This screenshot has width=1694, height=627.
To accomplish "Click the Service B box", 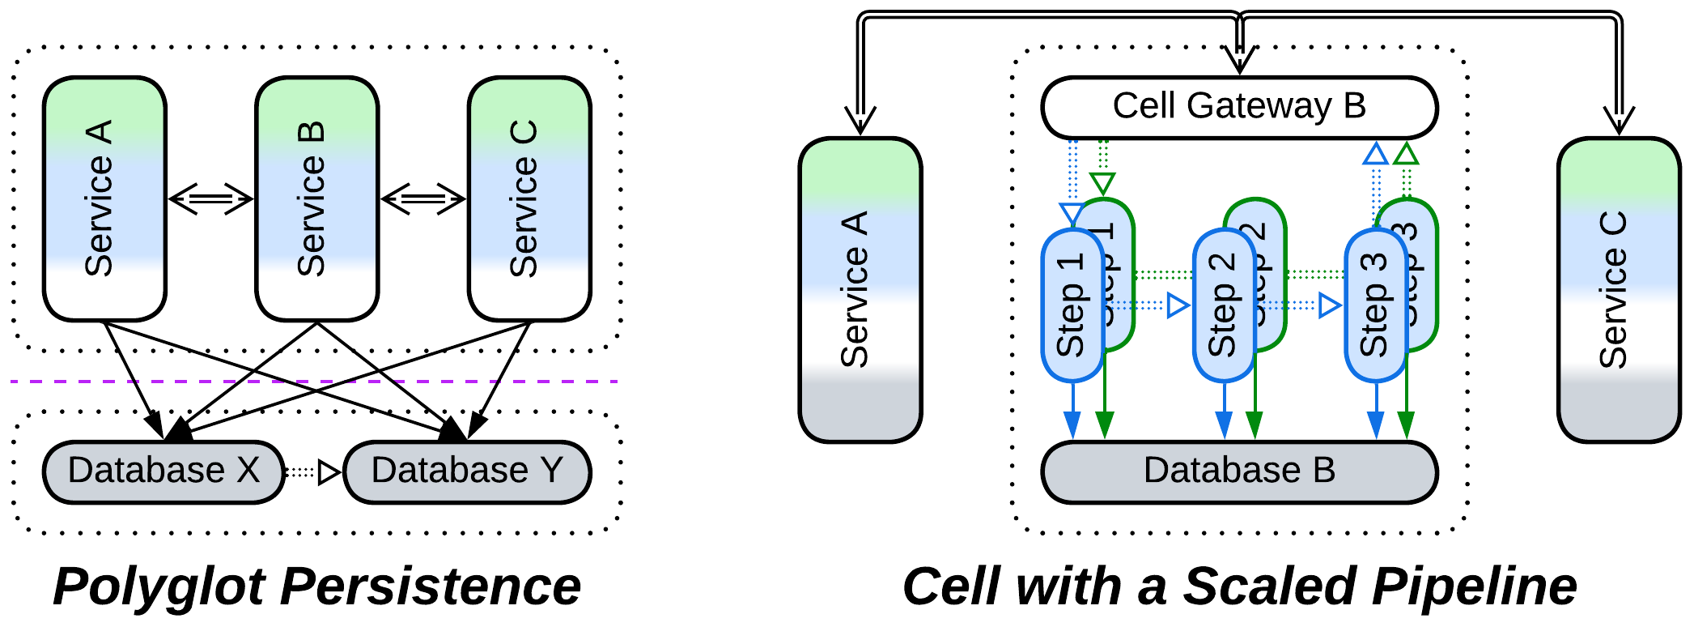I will click(316, 198).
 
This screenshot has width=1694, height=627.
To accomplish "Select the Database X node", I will click(163, 471).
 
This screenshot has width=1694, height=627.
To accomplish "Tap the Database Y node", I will click(467, 471).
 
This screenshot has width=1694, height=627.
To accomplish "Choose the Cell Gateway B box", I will click(1238, 107).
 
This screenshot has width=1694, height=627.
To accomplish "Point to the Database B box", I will click(1238, 471).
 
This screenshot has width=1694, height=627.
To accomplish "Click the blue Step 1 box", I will click(1071, 306).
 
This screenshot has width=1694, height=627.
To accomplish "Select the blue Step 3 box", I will click(1374, 306).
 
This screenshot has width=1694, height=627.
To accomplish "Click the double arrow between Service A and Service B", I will click(210, 198).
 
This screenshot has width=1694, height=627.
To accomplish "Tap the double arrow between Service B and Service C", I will click(423, 198).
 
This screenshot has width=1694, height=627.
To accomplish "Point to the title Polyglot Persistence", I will click(316, 586).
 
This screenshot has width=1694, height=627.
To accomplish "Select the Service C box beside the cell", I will click(1619, 290).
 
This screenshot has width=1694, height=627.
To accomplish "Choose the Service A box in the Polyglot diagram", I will click(104, 198).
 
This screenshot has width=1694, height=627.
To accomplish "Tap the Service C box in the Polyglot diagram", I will click(529, 198).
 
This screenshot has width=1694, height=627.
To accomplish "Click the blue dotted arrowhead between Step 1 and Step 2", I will click(1178, 305).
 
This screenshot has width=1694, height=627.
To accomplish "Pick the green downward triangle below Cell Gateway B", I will click(1102, 183).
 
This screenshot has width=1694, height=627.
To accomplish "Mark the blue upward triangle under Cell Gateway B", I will click(1376, 153).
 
